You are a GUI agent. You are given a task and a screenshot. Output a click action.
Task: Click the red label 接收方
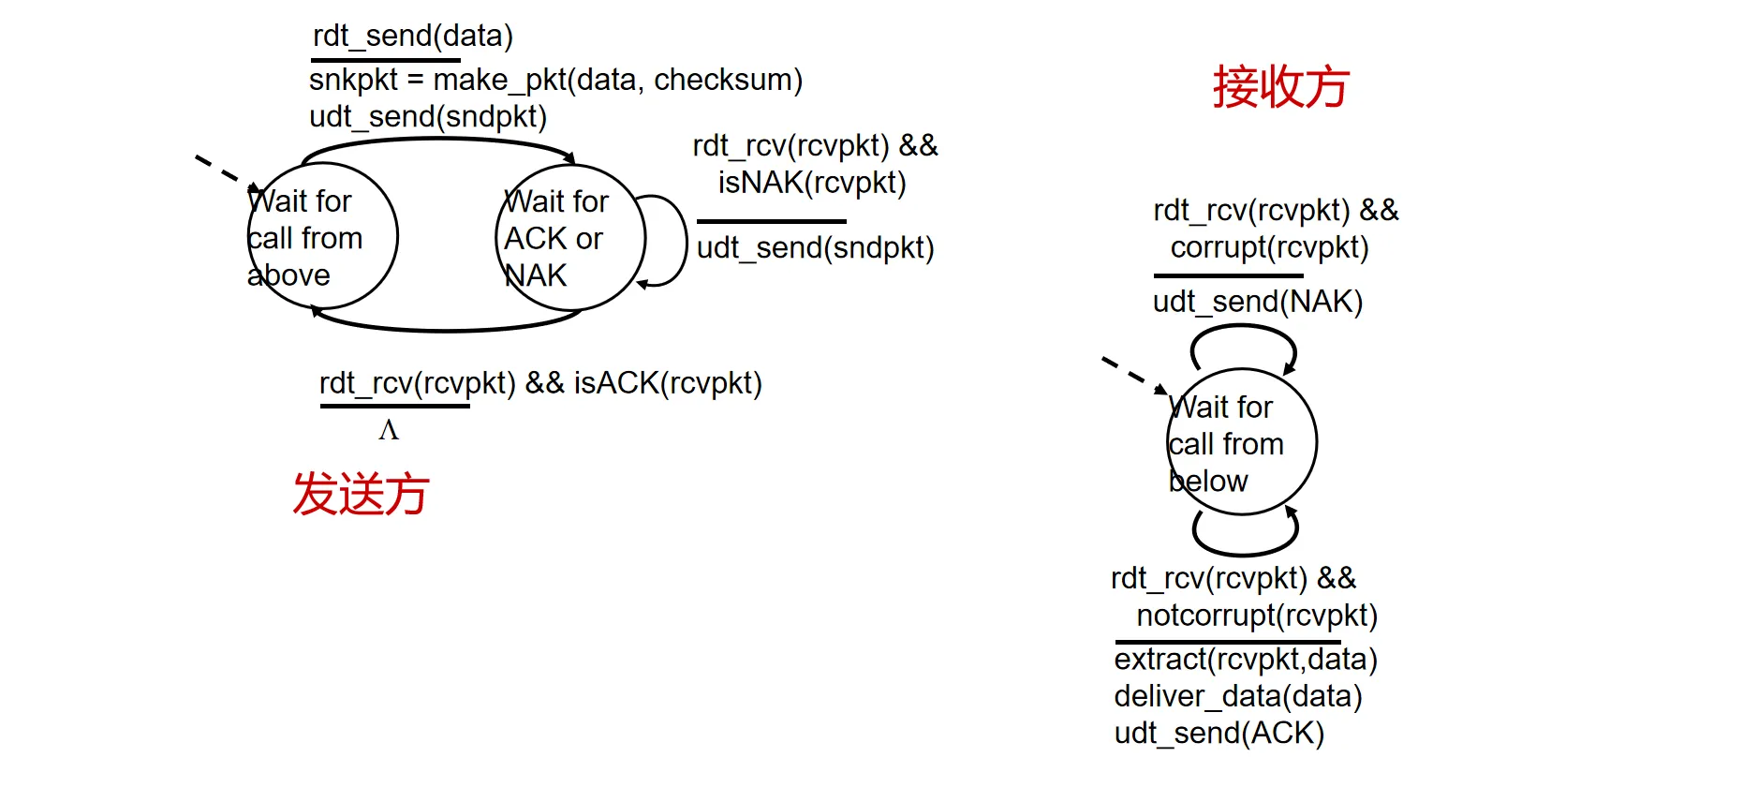1280,87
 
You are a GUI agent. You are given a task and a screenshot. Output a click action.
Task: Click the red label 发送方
361,494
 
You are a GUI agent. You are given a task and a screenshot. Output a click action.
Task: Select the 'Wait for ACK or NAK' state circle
569,238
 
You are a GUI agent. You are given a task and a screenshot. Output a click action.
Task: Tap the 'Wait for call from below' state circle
1241,442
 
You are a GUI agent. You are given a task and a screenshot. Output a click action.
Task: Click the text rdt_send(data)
412,37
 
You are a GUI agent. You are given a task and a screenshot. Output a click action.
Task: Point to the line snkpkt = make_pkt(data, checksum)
555,81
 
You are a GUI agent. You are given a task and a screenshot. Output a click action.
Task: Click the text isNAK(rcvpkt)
812,183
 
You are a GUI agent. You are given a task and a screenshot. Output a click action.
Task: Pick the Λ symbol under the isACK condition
389,430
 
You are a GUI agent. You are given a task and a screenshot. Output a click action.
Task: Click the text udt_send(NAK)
1257,302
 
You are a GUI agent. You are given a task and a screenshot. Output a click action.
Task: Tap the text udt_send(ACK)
1219,733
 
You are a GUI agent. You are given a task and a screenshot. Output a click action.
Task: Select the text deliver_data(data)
1237,696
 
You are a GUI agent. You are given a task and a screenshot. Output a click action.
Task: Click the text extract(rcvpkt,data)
1245,660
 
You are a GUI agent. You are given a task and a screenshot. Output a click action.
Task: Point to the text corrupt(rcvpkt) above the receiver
1269,247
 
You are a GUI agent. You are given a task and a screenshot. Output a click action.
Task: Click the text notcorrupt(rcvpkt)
1256,616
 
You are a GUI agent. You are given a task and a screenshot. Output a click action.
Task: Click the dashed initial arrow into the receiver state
1129,372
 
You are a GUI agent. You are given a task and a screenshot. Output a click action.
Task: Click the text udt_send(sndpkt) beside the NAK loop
815,248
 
